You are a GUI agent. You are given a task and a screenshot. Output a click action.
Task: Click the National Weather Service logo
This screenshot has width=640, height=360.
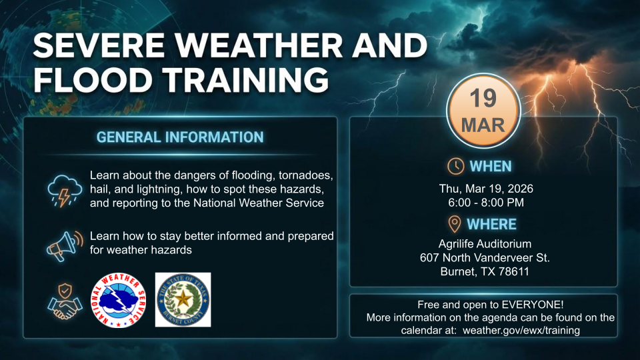[119, 301]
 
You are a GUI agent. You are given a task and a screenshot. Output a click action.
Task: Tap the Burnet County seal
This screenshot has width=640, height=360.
[183, 299]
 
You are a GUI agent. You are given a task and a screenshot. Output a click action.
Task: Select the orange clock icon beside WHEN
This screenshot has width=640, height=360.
[455, 166]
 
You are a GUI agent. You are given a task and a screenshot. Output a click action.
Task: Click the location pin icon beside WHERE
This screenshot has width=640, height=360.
[454, 224]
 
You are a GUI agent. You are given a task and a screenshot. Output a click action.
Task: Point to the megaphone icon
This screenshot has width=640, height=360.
[65, 246]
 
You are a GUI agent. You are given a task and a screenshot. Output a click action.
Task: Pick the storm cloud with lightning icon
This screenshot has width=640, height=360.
[65, 191]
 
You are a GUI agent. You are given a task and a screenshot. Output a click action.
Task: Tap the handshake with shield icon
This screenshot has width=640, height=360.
[65, 301]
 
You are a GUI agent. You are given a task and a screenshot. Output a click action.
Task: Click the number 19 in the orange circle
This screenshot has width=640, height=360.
[483, 98]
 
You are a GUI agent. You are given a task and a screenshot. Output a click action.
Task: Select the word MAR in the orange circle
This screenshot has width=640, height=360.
[483, 125]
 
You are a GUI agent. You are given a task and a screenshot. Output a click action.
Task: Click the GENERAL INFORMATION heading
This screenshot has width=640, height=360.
[180, 137]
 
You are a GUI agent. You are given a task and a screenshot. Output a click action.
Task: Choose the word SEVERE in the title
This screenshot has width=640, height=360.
[99, 45]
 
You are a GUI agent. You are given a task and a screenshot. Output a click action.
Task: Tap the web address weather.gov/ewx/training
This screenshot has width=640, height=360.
[521, 330]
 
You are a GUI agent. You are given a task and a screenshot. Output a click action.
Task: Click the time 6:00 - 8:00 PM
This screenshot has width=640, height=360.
[486, 203]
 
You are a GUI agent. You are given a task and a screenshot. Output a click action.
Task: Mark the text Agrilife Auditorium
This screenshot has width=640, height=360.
[485, 244]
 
